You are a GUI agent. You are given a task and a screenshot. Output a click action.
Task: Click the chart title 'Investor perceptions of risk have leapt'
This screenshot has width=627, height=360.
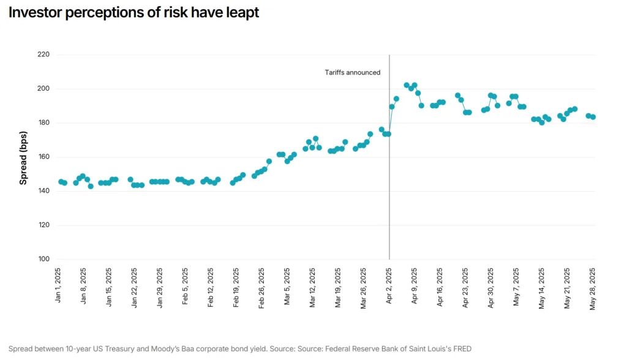coord(133,13)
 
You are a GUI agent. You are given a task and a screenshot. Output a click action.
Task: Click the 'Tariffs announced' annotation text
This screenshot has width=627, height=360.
coord(352,72)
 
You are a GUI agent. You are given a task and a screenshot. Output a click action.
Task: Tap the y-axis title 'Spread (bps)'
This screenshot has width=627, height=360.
coord(23,157)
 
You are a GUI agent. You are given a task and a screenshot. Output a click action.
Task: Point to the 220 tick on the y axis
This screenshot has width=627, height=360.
coord(43,54)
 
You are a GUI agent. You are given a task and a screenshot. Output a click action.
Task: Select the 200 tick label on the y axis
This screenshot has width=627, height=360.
coord(43,89)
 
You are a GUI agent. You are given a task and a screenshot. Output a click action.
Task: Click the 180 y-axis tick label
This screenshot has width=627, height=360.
coord(43,123)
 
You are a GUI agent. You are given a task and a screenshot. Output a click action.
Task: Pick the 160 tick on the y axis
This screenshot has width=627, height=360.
coord(43,157)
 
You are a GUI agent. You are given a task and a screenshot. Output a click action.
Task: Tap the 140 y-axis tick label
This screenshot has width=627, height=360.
coord(43,191)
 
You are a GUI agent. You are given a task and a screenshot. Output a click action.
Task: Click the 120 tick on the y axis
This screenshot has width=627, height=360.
coord(43,225)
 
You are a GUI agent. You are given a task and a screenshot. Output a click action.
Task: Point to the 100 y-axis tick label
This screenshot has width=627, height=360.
coord(43,259)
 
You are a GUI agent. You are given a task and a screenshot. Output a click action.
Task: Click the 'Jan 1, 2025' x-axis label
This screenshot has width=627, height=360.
coord(58,286)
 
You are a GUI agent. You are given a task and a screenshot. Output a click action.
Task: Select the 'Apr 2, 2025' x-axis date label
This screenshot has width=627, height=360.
coord(389,286)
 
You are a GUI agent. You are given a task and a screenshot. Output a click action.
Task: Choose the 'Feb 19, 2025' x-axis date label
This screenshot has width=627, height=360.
coord(236,288)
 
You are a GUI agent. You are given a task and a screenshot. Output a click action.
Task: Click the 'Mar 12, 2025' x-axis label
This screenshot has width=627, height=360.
coord(312,288)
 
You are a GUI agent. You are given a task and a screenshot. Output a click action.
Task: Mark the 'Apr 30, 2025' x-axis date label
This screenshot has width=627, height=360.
coord(490,288)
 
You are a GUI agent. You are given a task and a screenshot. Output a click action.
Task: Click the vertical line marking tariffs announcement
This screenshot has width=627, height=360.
coord(389,184)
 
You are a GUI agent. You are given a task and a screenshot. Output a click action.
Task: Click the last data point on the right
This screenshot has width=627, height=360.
coord(593,117)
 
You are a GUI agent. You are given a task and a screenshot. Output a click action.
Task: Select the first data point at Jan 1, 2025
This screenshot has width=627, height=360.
coord(61,182)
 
